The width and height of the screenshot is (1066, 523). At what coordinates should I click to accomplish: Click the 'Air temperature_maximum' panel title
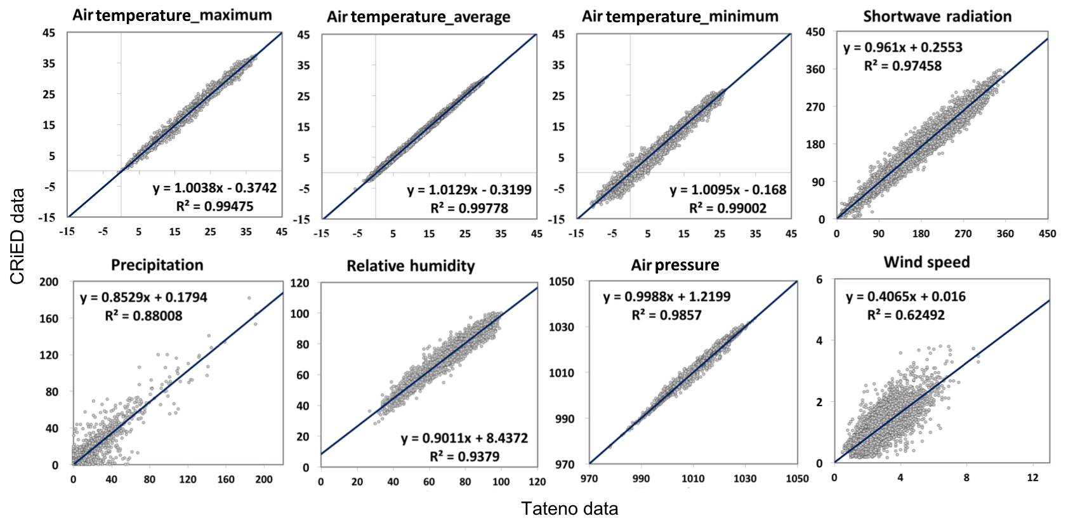tap(172, 15)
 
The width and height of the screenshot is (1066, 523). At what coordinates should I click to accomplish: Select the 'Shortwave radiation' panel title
tap(937, 17)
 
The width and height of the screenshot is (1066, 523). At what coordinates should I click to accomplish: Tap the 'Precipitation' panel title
tap(157, 265)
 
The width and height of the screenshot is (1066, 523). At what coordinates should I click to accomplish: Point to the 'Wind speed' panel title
tap(926, 262)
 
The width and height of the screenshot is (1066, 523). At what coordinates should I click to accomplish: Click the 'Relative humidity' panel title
tap(411, 266)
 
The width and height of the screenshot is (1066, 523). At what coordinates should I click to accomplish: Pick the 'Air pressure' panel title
tap(675, 265)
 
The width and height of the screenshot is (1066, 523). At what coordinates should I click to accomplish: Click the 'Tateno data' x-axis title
tap(569, 508)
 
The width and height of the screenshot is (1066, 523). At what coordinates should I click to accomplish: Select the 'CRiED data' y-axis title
tap(17, 236)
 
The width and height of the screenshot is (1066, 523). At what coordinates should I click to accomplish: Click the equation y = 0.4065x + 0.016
tap(905, 296)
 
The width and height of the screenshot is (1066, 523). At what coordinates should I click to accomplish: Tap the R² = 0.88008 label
tap(143, 315)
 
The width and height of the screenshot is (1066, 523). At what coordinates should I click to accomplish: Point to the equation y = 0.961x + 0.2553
tap(902, 48)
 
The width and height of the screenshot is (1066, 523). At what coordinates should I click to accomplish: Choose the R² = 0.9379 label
tap(464, 456)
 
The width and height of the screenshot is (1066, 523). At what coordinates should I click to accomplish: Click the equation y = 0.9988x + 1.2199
tap(666, 296)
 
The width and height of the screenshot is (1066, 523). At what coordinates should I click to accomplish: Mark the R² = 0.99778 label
tap(469, 208)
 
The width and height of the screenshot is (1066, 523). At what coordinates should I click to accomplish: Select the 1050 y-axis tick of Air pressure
tap(562, 281)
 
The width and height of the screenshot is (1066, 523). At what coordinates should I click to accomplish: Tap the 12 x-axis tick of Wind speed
tap(1032, 477)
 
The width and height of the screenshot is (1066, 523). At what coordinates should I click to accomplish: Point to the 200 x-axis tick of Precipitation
tap(264, 479)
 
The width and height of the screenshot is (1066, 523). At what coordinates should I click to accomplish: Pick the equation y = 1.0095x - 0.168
tap(728, 190)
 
